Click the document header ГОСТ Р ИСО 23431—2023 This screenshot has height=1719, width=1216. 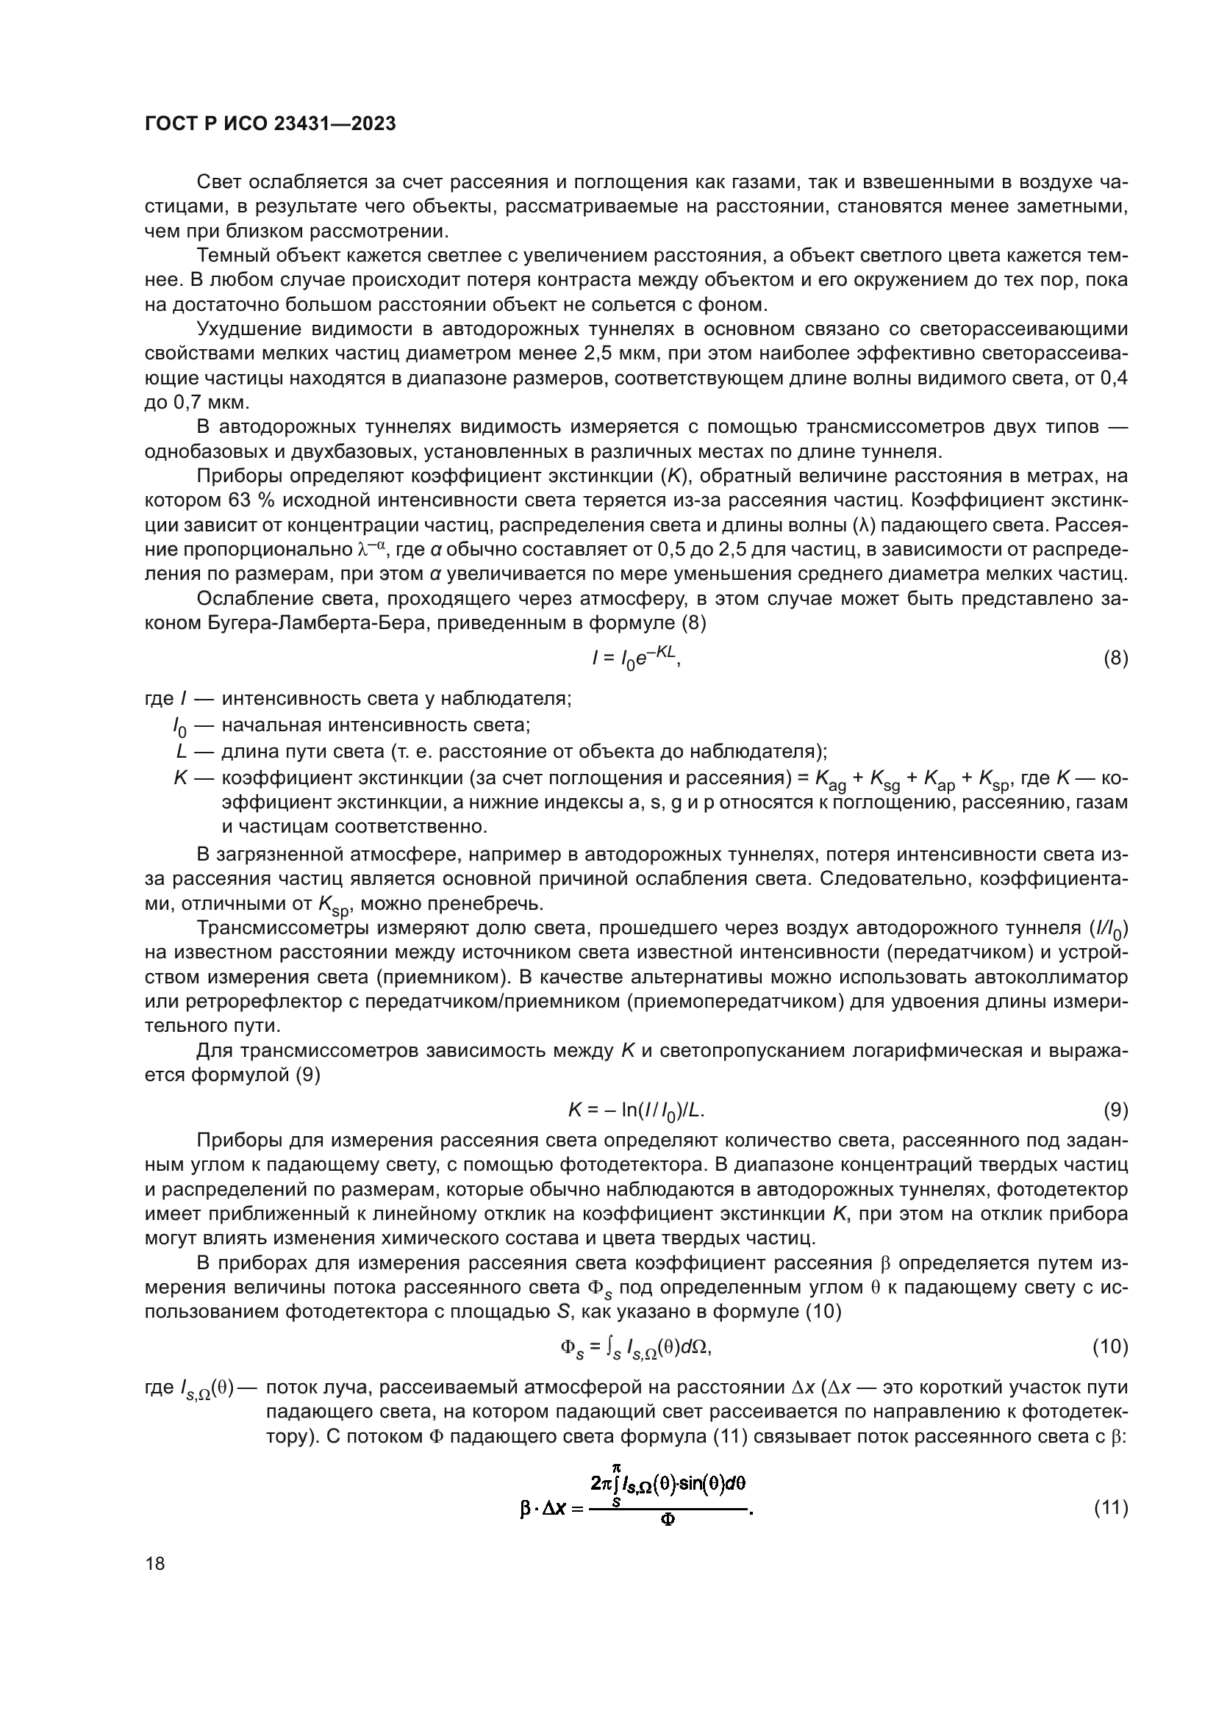(271, 124)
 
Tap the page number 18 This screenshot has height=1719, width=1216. (155, 1564)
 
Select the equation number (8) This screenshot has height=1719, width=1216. (1116, 658)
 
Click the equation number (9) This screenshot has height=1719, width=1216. (1116, 1110)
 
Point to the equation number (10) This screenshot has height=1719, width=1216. (1110, 1347)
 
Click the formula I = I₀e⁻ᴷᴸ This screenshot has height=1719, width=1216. (636, 658)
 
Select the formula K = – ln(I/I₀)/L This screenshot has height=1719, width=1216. (636, 1110)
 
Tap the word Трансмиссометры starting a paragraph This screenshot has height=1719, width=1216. (280, 928)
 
